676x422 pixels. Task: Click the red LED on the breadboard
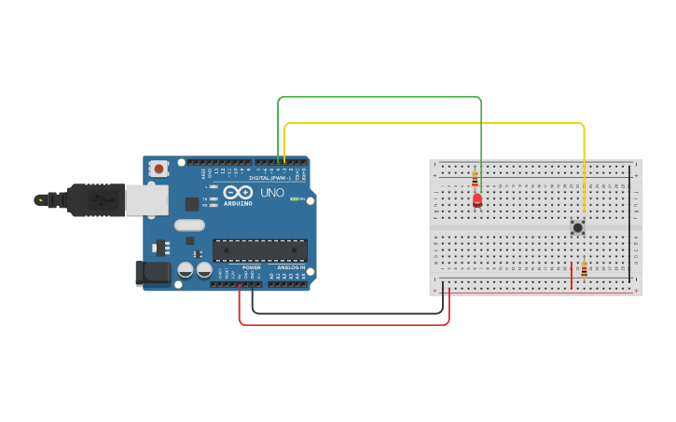pyautogui.click(x=477, y=199)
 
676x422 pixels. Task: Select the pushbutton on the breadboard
pyautogui.click(x=578, y=226)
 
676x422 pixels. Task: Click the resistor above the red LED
pyautogui.click(x=475, y=178)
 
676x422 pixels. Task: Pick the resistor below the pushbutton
pyautogui.click(x=585, y=270)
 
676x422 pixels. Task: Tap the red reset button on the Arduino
pyautogui.click(x=159, y=169)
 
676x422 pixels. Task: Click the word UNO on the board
pyautogui.click(x=272, y=193)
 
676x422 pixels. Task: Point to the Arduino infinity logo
pyautogui.click(x=238, y=192)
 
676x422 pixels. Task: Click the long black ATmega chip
pyautogui.click(x=260, y=250)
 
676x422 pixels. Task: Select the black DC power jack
pyautogui.click(x=152, y=273)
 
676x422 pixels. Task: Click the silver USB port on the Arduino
pyautogui.click(x=146, y=199)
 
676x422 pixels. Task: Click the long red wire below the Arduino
pyautogui.click(x=344, y=324)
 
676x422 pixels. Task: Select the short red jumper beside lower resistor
pyautogui.click(x=572, y=275)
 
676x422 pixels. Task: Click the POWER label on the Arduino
pyautogui.click(x=252, y=267)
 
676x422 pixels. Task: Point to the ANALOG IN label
pyautogui.click(x=291, y=267)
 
